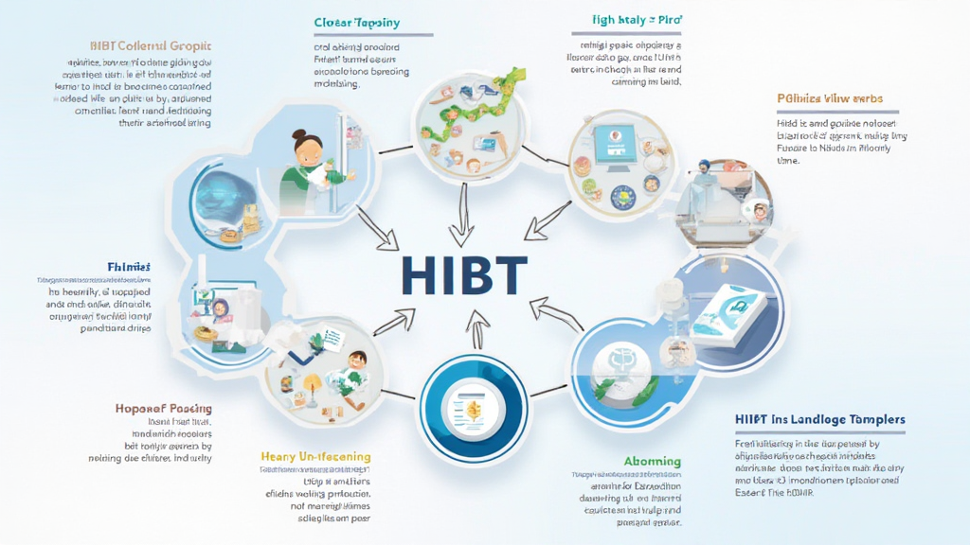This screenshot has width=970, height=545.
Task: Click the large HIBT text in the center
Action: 463,273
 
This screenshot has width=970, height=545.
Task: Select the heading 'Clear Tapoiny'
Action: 356,22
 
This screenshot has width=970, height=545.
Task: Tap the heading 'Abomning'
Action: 652,462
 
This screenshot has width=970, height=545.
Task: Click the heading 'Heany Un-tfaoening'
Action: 315,457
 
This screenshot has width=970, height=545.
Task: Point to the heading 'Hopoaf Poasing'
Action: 164,409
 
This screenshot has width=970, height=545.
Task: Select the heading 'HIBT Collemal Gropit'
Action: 151,46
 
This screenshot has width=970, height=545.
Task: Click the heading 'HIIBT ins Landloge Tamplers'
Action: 819,419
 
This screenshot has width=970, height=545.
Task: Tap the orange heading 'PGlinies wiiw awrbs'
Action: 830,97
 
